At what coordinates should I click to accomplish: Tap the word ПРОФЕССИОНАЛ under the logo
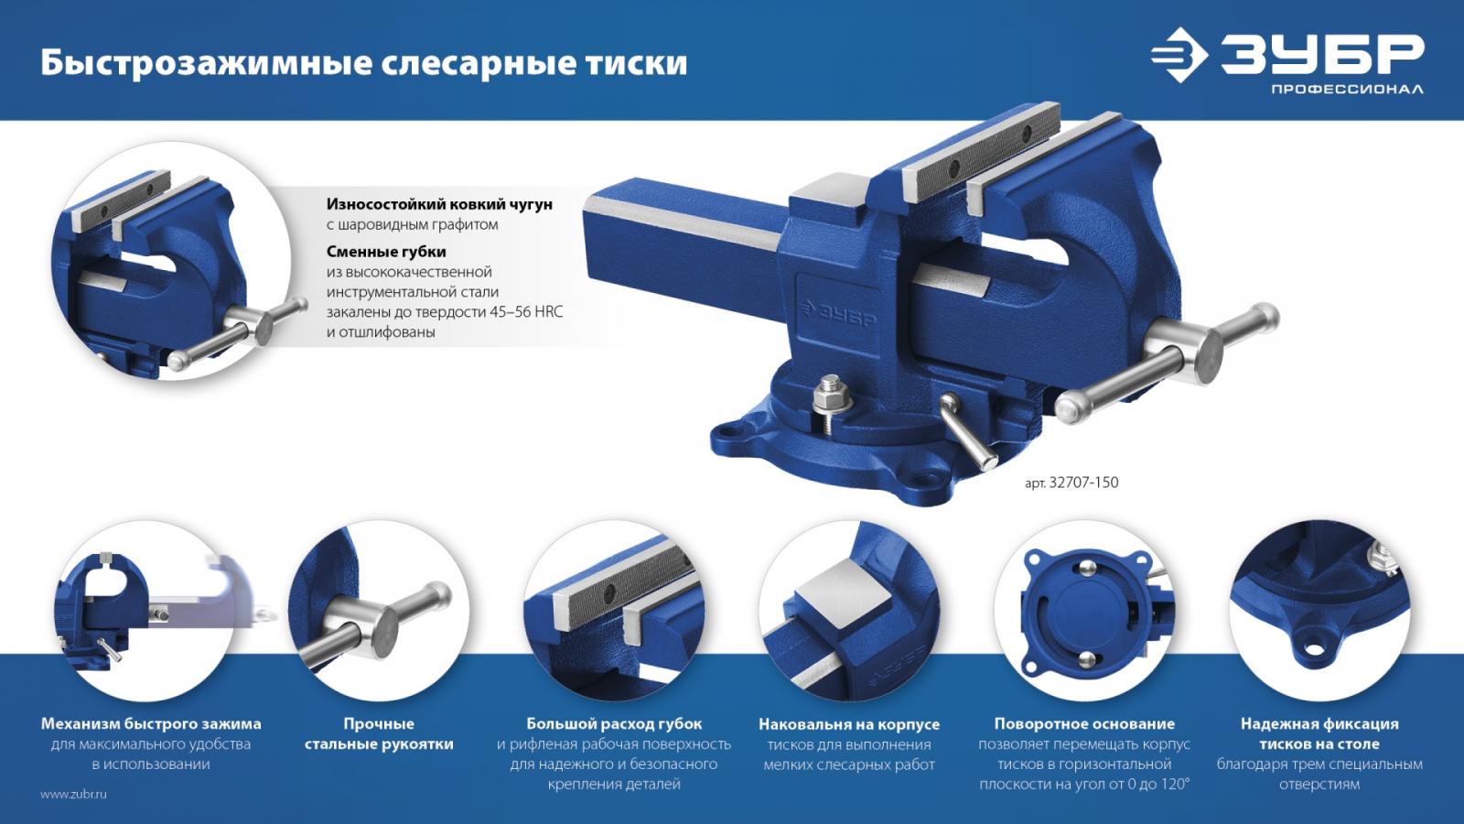pyautogui.click(x=1347, y=89)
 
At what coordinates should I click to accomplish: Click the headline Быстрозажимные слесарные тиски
pyautogui.click(x=364, y=64)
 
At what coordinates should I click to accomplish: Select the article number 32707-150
pyautogui.click(x=1083, y=482)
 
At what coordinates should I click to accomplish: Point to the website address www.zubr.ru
pyautogui.click(x=73, y=795)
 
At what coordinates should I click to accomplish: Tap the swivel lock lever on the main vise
pyautogui.click(x=968, y=431)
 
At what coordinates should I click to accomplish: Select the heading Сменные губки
pyautogui.click(x=386, y=252)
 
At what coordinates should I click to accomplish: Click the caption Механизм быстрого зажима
pyautogui.click(x=151, y=724)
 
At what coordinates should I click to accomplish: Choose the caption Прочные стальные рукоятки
pyautogui.click(x=379, y=733)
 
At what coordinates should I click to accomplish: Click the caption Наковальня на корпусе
pyautogui.click(x=849, y=724)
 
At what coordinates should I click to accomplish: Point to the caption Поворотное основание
pyautogui.click(x=1084, y=724)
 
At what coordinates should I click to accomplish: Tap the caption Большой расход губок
pyautogui.click(x=614, y=724)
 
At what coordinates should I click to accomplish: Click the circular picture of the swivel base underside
pyautogui.click(x=1084, y=611)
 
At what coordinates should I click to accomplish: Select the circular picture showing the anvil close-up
pyautogui.click(x=849, y=611)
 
